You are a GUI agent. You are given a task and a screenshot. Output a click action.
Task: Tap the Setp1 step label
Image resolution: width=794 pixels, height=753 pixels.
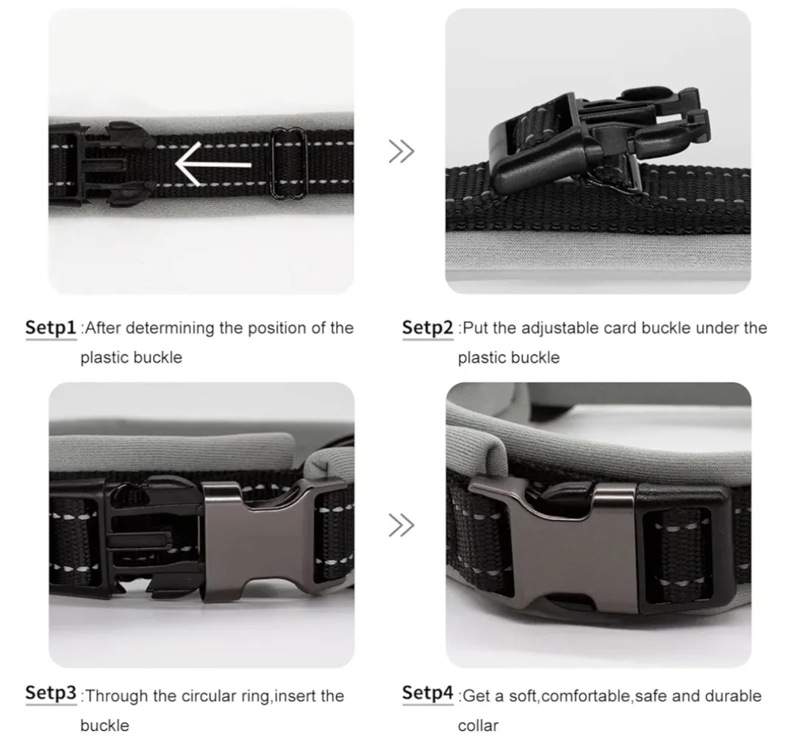(51, 328)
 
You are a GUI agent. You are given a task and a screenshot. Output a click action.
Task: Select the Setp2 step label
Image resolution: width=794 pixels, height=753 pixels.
(427, 328)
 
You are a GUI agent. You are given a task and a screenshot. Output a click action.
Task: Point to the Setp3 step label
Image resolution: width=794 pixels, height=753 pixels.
(51, 693)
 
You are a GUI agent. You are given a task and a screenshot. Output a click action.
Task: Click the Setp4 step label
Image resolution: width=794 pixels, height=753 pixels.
(427, 693)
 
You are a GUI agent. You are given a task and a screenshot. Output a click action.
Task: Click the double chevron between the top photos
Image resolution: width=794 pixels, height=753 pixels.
(401, 151)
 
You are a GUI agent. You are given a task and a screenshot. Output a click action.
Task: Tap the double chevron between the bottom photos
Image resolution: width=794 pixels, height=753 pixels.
(401, 525)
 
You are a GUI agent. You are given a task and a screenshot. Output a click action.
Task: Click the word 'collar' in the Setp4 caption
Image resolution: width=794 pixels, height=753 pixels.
(478, 726)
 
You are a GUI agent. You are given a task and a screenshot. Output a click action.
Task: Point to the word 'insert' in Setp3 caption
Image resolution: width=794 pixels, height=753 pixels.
(298, 696)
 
